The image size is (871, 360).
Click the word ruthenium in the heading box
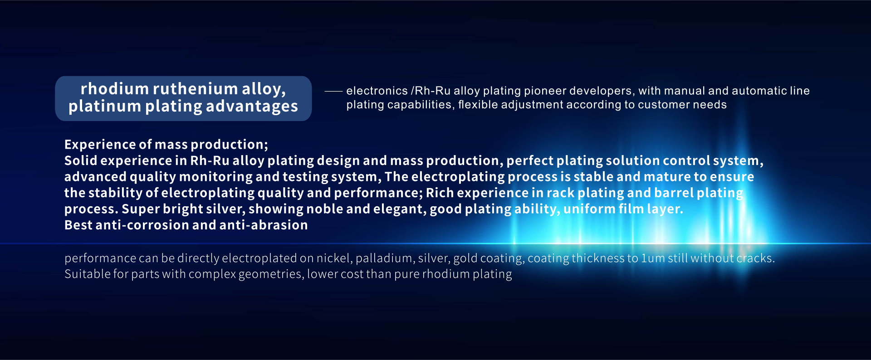tap(195, 89)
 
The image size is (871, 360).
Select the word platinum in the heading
tap(105, 107)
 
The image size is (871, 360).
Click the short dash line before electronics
tap(333, 92)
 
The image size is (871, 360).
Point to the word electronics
tap(377, 91)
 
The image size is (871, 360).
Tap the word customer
tap(662, 105)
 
